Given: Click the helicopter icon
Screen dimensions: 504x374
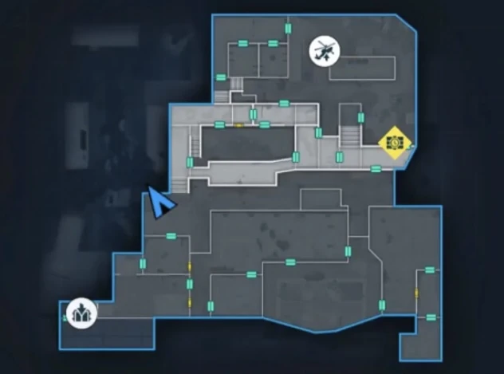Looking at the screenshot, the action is pos(324,53).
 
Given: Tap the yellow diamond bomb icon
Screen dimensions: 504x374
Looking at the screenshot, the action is pos(395,142).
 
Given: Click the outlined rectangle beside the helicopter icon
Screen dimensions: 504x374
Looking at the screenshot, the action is pos(362,69).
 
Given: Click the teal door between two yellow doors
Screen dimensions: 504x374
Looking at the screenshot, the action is pos(189,284).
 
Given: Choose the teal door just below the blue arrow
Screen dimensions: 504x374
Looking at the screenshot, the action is pos(171,236).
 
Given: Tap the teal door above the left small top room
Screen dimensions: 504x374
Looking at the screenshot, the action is pos(243,42).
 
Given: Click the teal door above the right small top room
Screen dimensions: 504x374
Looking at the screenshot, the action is pos(273,42).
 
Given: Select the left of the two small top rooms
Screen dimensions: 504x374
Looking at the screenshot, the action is pos(242,61).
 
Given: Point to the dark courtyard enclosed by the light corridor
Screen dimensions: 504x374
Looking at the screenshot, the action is pos(247,144).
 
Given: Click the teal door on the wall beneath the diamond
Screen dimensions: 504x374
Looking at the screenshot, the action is pos(376,168).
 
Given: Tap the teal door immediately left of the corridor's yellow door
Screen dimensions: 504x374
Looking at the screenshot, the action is pos(219,124).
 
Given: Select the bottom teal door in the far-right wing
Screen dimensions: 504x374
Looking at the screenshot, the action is pos(431,317).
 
